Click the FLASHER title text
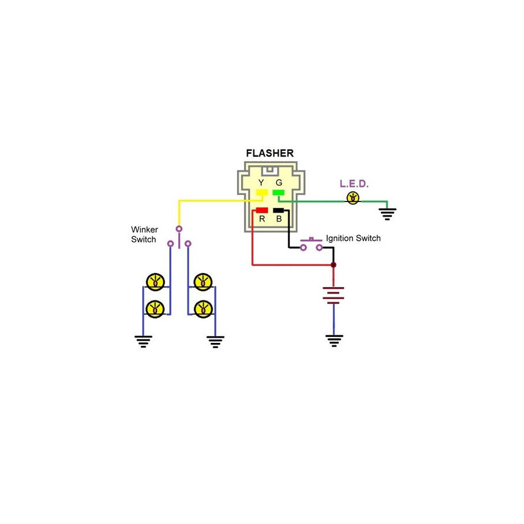click(270, 153)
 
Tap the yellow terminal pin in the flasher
click(261, 193)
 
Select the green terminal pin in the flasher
click(278, 193)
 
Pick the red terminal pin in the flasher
click(261, 210)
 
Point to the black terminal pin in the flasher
click(278, 210)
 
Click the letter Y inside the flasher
click(261, 182)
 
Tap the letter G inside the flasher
click(279, 182)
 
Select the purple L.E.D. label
click(354, 184)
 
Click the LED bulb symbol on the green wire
click(353, 198)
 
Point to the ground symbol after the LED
click(387, 214)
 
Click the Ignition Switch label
click(353, 238)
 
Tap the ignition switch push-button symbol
click(311, 245)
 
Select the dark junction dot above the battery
click(333, 265)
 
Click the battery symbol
click(333, 295)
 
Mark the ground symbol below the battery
click(334, 341)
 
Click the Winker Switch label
click(144, 234)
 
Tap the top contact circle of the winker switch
click(179, 229)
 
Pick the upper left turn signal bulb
click(155, 282)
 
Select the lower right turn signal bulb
click(203, 310)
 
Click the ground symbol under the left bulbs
click(143, 342)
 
